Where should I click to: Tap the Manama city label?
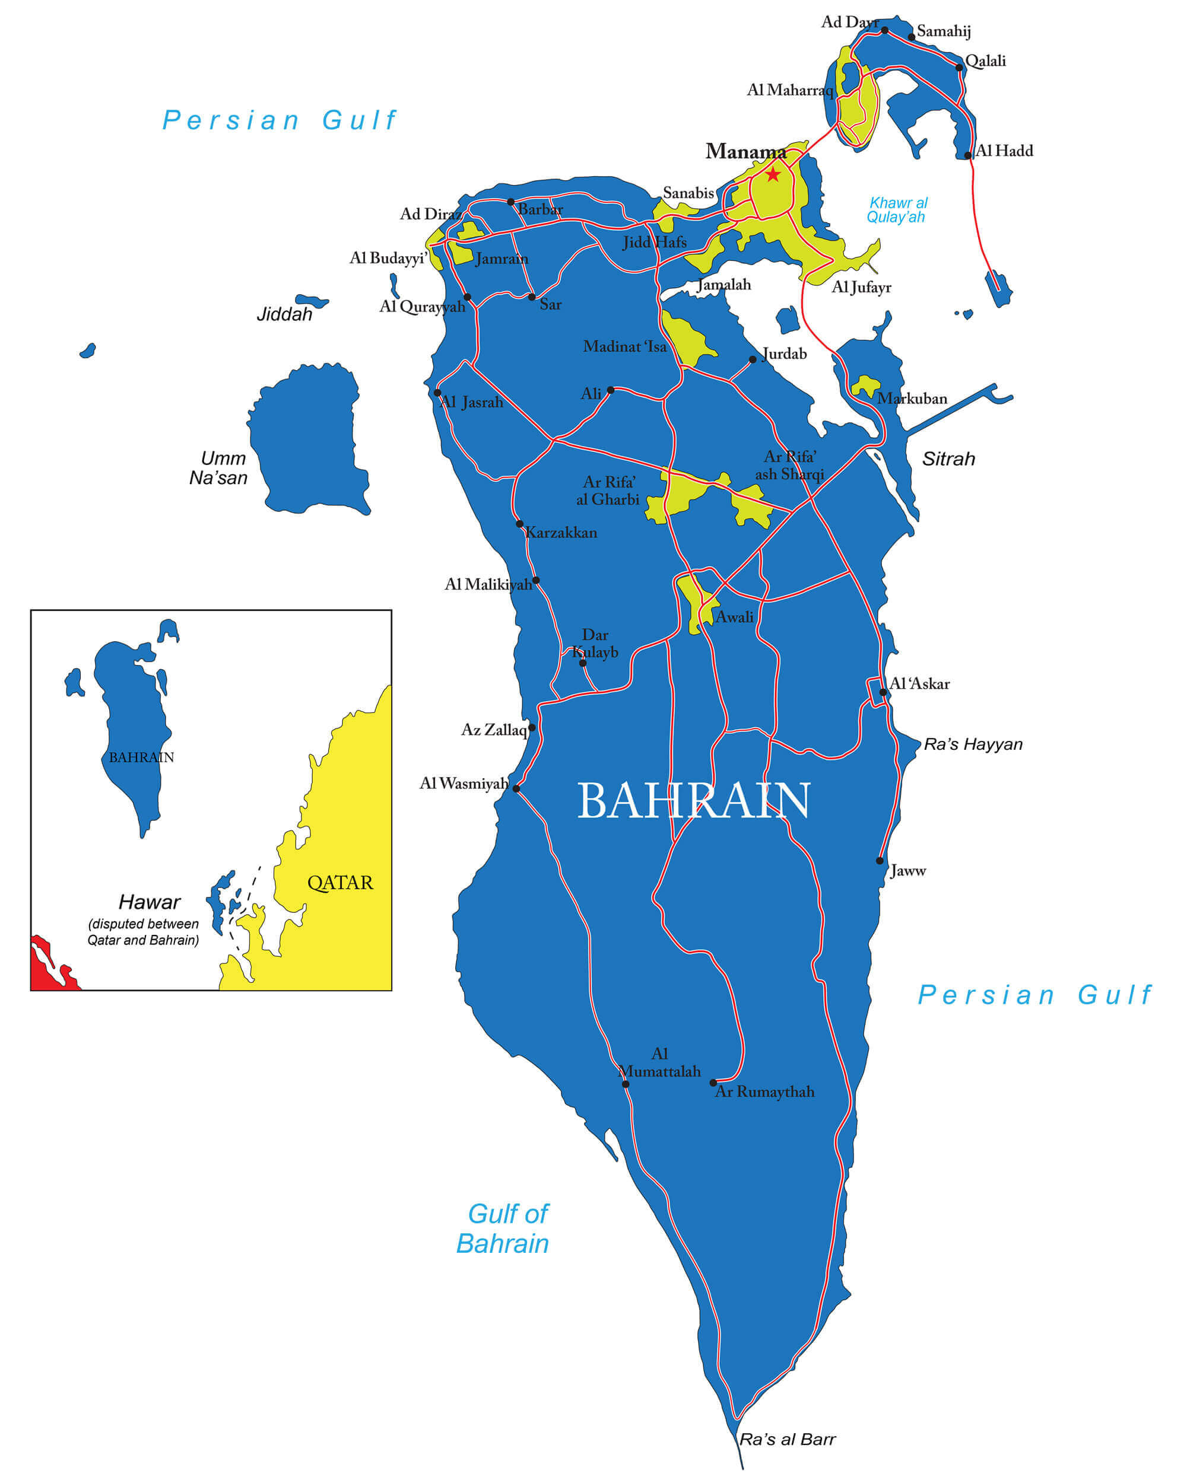pyautogui.click(x=745, y=152)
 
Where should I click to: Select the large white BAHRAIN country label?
pyautogui.click(x=693, y=801)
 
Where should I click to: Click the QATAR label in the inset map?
pyautogui.click(x=340, y=883)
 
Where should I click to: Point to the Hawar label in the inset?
pyautogui.click(x=150, y=902)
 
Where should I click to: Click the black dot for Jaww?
pyautogui.click(x=880, y=861)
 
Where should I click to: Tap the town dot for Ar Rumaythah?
pyautogui.click(x=713, y=1083)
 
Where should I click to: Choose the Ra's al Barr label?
pyautogui.click(x=787, y=1439)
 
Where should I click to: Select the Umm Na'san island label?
pyautogui.click(x=219, y=467)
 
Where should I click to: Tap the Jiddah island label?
pyautogui.click(x=284, y=314)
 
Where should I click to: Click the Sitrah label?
pyautogui.click(x=948, y=459)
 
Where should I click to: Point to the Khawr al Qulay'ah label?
pyautogui.click(x=897, y=210)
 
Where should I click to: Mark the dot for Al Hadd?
pyautogui.click(x=967, y=155)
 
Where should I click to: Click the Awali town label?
pyautogui.click(x=734, y=617)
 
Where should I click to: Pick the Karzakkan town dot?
pyautogui.click(x=519, y=524)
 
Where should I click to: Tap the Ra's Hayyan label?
pyautogui.click(x=972, y=744)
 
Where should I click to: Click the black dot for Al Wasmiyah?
pyautogui.click(x=516, y=789)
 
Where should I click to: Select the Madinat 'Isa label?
pyautogui.click(x=625, y=346)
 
